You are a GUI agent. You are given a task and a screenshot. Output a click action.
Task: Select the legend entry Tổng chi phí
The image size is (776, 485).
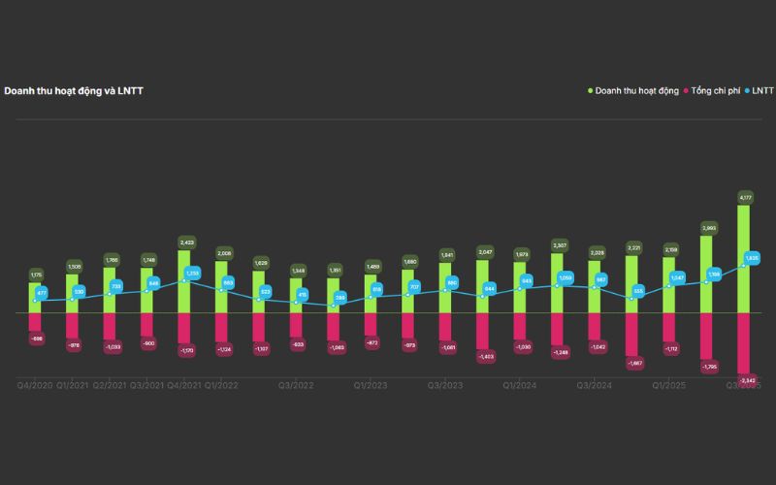point(719,91)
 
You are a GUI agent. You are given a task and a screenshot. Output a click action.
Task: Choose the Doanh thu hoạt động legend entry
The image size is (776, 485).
point(636,91)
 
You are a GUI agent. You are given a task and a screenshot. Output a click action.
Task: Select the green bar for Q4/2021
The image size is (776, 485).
point(184,281)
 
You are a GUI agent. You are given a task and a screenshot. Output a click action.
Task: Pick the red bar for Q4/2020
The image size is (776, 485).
point(36,323)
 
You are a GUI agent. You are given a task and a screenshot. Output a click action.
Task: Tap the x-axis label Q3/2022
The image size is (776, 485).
point(297,385)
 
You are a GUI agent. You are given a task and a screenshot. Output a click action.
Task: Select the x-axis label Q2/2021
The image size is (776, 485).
point(111,385)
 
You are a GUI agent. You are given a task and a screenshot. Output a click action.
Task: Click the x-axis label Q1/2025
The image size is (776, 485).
point(669,385)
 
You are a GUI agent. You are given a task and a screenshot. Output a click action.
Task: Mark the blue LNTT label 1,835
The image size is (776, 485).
point(752,258)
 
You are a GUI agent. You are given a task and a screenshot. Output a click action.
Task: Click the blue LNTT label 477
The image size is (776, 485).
point(42,292)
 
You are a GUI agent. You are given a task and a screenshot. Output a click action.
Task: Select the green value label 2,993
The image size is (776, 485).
point(707,228)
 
